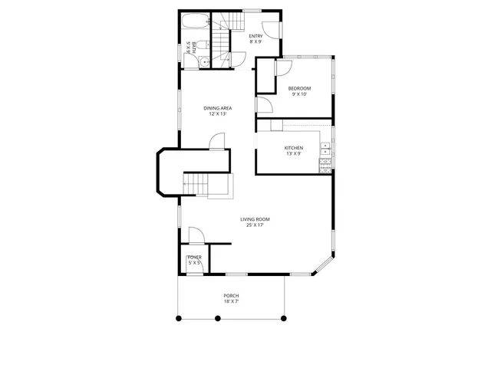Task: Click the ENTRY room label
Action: point(255,36)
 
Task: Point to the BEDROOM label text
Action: point(298,88)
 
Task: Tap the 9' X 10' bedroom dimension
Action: point(298,95)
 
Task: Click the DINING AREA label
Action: point(218,108)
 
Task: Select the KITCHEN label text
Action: point(294,147)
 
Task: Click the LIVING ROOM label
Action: point(255,219)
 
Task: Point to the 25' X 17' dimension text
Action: point(255,226)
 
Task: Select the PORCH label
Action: point(231,296)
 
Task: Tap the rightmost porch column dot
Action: point(284,317)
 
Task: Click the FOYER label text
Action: point(195,258)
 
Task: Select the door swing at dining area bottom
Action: point(217,140)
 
